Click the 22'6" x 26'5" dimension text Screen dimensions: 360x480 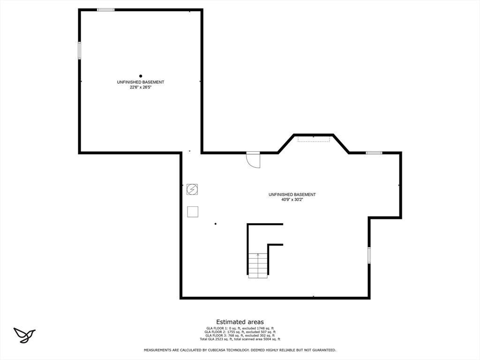pyautogui.click(x=141, y=87)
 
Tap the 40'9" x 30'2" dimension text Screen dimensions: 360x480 pyautogui.click(x=292, y=200)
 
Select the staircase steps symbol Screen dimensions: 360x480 pyautogui.click(x=258, y=265)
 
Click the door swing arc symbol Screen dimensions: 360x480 pyautogui.click(x=254, y=160)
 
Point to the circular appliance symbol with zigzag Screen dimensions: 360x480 pyautogui.click(x=192, y=189)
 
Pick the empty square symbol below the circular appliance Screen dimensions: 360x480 pyautogui.click(x=193, y=211)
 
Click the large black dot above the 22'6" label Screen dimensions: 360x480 pyautogui.click(x=141, y=76)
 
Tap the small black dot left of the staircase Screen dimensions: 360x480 pyautogui.click(x=216, y=224)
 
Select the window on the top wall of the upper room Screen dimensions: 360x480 pyautogui.click(x=106, y=9)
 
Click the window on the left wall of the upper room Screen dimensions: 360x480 pyautogui.click(x=80, y=50)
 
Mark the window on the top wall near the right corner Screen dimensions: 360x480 pyautogui.click(x=374, y=152)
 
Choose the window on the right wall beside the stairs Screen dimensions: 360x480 pyautogui.click(x=369, y=255)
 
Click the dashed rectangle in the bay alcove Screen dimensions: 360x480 pyautogui.click(x=314, y=139)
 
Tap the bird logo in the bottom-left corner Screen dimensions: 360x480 pyautogui.click(x=24, y=335)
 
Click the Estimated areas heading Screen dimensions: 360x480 pyautogui.click(x=240, y=322)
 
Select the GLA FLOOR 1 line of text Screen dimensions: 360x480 pyautogui.click(x=240, y=328)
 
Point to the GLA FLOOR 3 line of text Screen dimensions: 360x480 pyautogui.click(x=240, y=335)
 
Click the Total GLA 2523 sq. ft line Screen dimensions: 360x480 pyautogui.click(x=240, y=339)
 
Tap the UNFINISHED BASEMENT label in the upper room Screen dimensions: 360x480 pyautogui.click(x=141, y=82)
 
